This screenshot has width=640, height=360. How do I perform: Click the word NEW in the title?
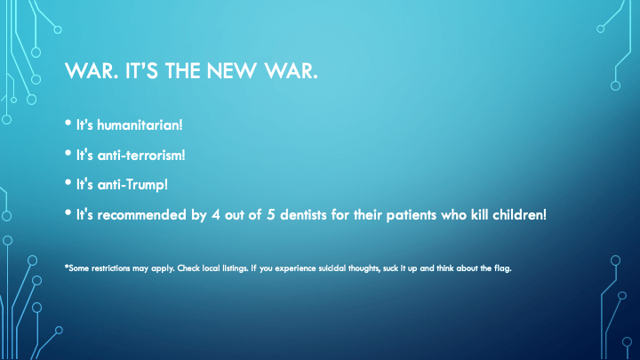tap(231, 71)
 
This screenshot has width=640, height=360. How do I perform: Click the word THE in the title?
tap(182, 71)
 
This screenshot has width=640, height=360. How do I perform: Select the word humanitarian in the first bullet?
tap(140, 125)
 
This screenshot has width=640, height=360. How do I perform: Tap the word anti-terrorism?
tap(141, 155)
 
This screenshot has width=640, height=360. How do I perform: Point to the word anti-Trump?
tap(132, 185)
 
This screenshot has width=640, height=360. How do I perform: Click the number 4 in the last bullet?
tap(215, 215)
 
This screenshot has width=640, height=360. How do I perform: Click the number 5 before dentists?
tap(270, 215)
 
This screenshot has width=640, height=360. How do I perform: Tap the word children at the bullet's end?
tap(519, 215)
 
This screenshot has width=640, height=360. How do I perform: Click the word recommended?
tap(141, 215)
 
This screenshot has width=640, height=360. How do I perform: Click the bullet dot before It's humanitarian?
tap(68, 123)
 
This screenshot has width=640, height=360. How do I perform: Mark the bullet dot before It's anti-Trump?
tap(68, 182)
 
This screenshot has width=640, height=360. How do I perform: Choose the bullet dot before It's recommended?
tap(68, 212)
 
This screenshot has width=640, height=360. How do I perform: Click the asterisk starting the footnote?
tap(66, 267)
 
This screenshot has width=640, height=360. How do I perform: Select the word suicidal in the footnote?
tap(332, 268)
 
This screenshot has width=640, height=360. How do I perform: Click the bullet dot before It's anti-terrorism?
tap(68, 153)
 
